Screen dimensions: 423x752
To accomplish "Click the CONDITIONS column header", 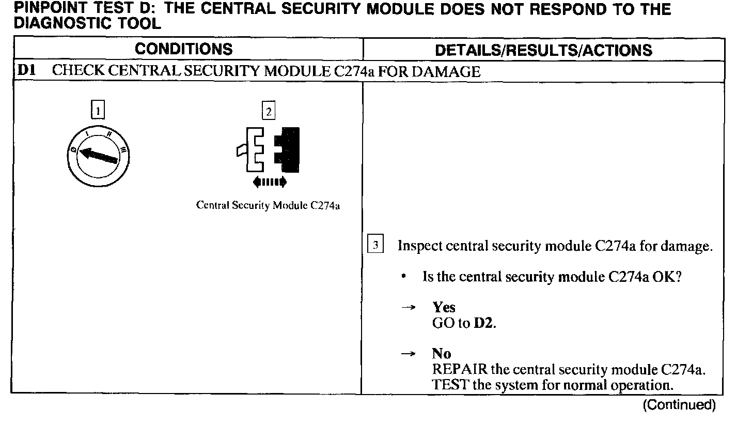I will click(x=184, y=49).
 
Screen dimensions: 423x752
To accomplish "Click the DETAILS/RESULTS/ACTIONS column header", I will click(x=543, y=50).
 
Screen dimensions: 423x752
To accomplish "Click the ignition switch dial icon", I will click(x=98, y=154).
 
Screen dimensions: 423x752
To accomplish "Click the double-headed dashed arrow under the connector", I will click(x=268, y=182).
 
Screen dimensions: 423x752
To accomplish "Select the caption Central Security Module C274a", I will click(x=268, y=205).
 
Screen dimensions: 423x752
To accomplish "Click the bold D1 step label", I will click(x=26, y=71).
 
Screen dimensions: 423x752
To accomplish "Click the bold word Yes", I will click(x=444, y=308).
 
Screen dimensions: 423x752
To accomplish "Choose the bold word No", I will click(x=441, y=354).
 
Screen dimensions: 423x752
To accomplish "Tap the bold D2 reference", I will click(x=484, y=324).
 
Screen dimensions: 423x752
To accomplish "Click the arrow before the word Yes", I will click(x=409, y=308).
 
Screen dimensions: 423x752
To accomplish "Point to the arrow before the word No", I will click(x=409, y=354).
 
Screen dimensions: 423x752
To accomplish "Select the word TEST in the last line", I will click(x=448, y=385).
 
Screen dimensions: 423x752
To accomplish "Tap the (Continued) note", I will click(x=679, y=405).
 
